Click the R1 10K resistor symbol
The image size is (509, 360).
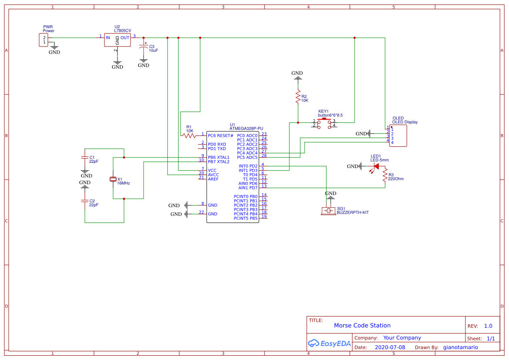coord(189,135)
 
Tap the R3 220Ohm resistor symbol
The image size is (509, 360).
coord(385,175)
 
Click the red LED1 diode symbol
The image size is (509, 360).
coord(376,166)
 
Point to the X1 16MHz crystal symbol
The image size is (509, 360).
coord(113,179)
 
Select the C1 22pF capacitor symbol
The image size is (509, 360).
coord(85,157)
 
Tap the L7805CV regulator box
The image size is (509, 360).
coord(117,40)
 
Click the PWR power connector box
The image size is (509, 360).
coord(44,40)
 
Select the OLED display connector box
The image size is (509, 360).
coord(398,136)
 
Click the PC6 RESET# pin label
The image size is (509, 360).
coord(221,135)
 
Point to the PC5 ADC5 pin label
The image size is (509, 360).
coord(247,157)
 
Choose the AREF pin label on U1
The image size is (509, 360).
coord(213,179)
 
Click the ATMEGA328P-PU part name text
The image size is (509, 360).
coord(246,128)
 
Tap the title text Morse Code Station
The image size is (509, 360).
coord(362,325)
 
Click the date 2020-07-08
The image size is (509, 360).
coord(389,347)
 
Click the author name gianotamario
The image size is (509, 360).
coord(460,347)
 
